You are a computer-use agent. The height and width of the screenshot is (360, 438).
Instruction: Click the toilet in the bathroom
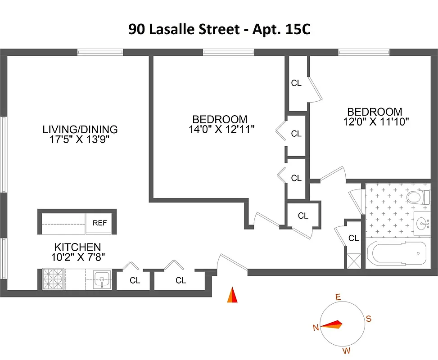coord(415,197)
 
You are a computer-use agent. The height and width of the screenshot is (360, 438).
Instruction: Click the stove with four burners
coord(54,279)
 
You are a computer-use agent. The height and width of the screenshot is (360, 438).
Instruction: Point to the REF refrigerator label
coord(100,223)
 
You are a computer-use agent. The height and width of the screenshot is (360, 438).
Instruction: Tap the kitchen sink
coord(102,279)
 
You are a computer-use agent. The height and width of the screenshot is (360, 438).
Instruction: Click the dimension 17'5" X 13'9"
coord(80,139)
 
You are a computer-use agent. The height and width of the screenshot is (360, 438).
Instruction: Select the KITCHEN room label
coord(77,247)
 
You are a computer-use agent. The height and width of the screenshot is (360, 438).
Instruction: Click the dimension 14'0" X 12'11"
coord(222,129)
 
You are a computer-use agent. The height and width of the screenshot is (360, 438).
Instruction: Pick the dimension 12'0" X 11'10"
coord(375,121)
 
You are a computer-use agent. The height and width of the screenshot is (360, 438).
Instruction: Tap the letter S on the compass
coord(368,319)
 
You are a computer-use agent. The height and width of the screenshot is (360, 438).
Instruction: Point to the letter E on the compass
coord(338,297)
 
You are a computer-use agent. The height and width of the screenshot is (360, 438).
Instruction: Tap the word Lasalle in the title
coord(171,29)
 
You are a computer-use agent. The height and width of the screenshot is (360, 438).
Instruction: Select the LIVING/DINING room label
coord(80,130)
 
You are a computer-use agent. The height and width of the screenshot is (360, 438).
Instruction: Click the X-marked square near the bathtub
coord(353,261)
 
